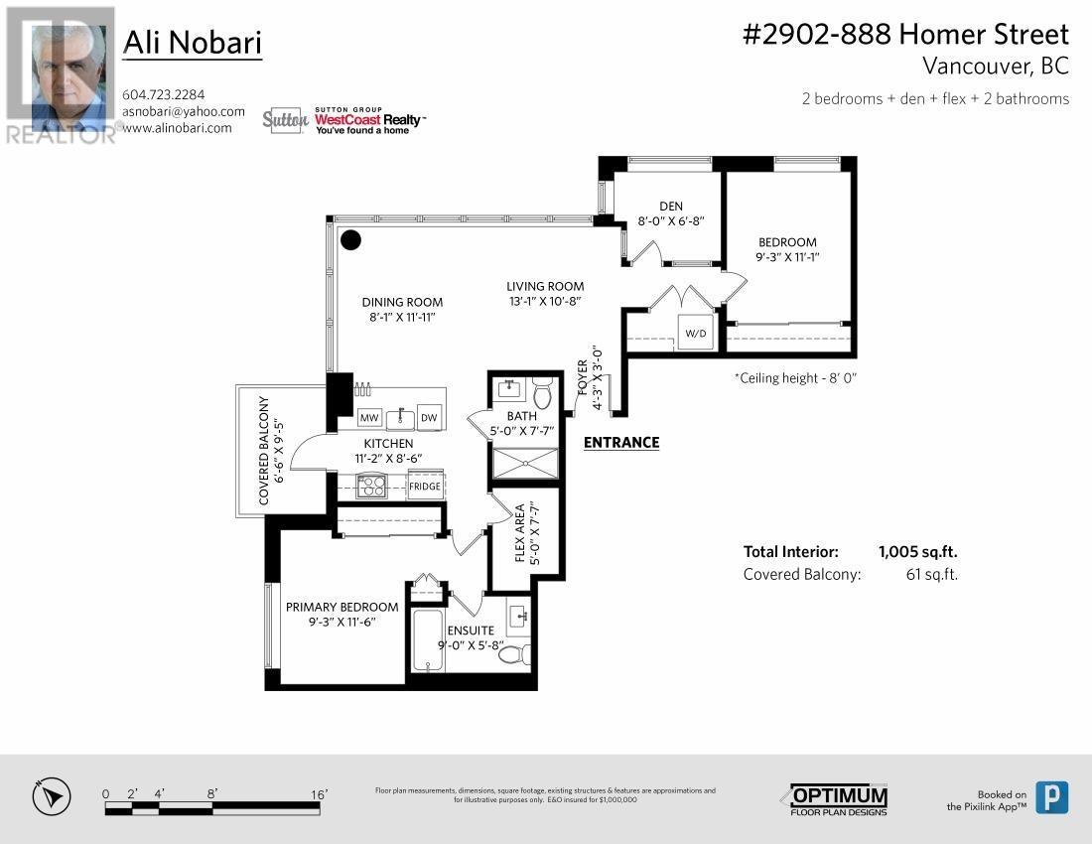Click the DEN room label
click(x=670, y=207)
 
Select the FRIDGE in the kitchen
click(x=424, y=487)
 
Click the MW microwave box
click(x=369, y=417)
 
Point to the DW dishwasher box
click(x=429, y=417)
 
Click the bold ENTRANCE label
click(x=620, y=443)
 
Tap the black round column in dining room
click(x=350, y=239)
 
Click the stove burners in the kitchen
click(x=371, y=486)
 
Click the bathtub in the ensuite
click(x=429, y=640)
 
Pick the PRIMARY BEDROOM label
click(x=341, y=607)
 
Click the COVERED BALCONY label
click(x=264, y=451)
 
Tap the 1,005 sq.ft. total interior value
click(x=917, y=552)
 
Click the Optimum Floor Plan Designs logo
click(x=839, y=799)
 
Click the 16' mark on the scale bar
click(x=319, y=794)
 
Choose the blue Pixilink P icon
click(x=1051, y=797)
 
